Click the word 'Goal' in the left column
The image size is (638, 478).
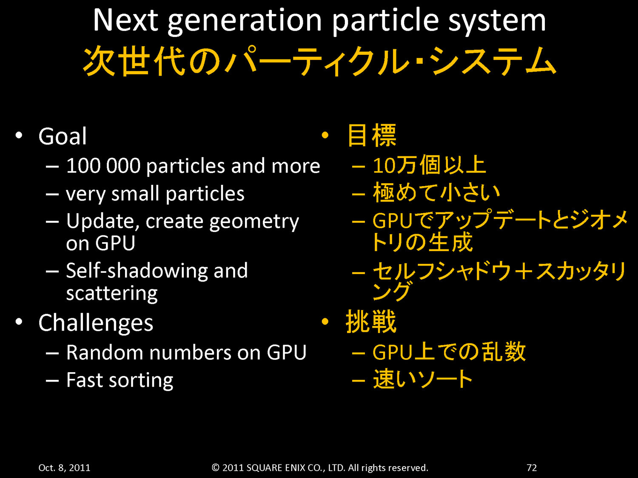pos(63,136)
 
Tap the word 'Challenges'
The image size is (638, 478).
pos(96,323)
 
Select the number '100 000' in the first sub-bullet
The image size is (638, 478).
pos(103,166)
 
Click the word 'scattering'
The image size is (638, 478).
pos(112,293)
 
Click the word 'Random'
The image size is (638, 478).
pos(105,353)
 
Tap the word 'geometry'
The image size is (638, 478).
pos(254,222)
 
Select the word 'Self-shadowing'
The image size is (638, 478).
pos(137,271)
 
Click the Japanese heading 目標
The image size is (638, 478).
pos(372,135)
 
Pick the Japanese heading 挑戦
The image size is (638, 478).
pos(371,322)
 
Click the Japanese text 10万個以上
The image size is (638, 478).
pos(429,165)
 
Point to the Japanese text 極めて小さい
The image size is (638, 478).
pos(436,192)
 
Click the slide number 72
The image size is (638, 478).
pos(532,467)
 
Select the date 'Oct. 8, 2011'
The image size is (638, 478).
pos(64,467)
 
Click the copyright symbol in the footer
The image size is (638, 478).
pos(215,467)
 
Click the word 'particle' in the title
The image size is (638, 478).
pos(385,20)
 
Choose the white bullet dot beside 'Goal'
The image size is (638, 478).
pos(19,135)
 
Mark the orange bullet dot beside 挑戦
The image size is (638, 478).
pos(325,321)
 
